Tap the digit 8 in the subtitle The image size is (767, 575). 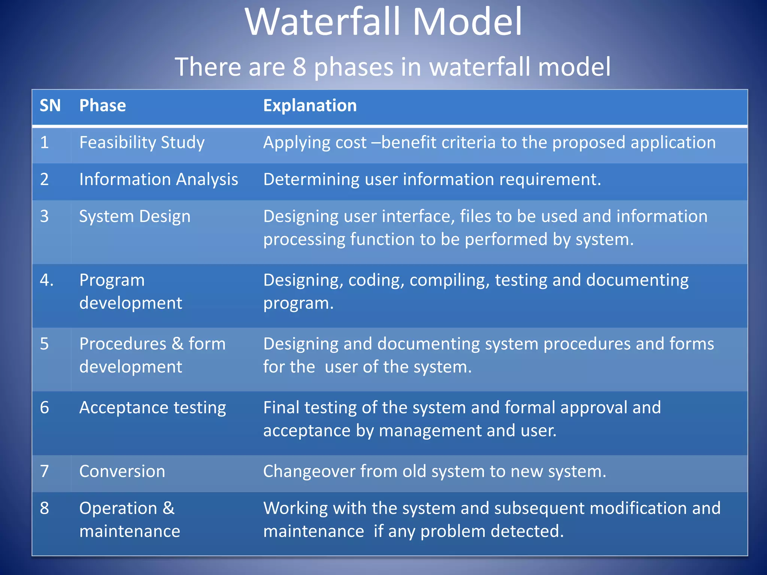[x=299, y=67]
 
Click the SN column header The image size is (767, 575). [x=50, y=106]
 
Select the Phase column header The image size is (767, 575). [x=103, y=106]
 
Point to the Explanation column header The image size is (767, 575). [x=310, y=106]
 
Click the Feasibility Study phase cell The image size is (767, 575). [x=142, y=143]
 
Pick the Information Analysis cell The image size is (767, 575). [x=158, y=179]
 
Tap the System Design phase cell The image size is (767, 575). [x=135, y=216]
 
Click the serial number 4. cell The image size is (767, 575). [x=46, y=280]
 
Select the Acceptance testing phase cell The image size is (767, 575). [x=152, y=408]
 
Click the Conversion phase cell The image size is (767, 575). [x=122, y=471]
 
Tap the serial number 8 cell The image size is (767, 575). [x=45, y=508]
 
